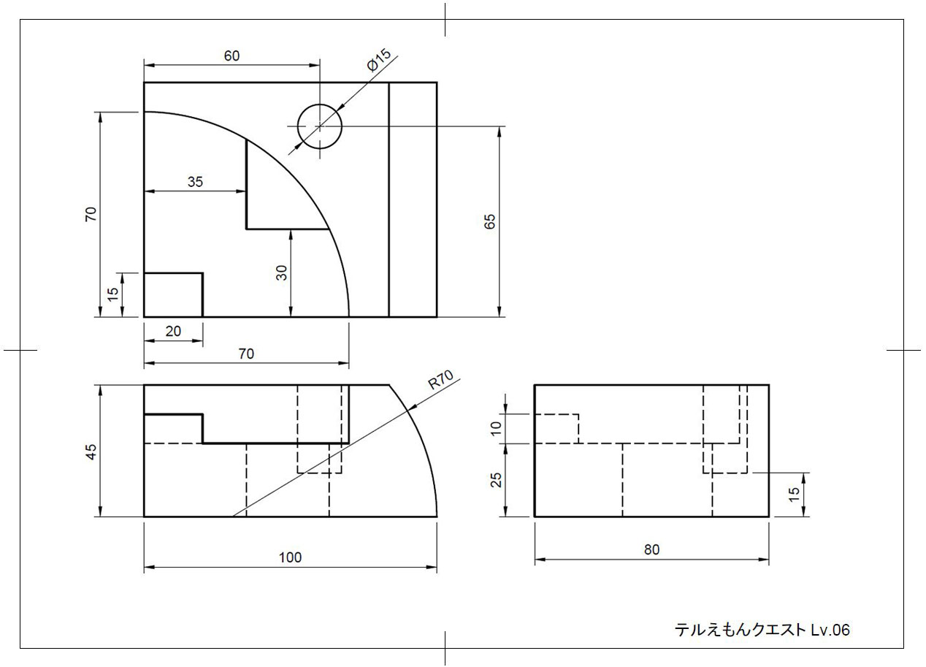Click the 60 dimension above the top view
click(x=231, y=56)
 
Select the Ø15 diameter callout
click(x=379, y=61)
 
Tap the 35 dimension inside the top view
click(x=195, y=182)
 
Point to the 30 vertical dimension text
click(x=282, y=272)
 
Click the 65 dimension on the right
click(x=489, y=222)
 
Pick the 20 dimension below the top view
click(x=173, y=331)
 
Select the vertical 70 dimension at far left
click(x=91, y=214)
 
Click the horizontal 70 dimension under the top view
click(x=246, y=354)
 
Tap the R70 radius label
click(x=440, y=383)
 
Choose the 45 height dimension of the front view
click(x=91, y=451)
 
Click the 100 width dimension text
click(x=290, y=557)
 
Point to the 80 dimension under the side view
click(x=651, y=550)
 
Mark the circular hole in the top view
click(x=319, y=126)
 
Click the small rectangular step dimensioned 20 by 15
click(x=173, y=295)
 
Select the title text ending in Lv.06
click(x=762, y=630)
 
